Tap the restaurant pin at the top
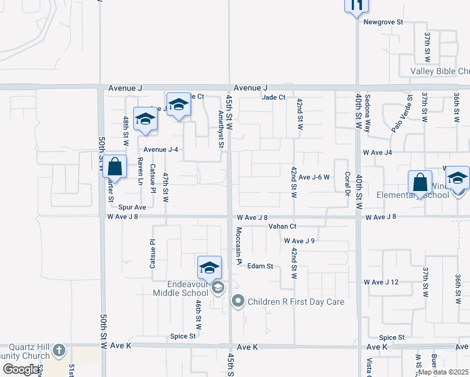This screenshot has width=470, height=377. pos(356,6)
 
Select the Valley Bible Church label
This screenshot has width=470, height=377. pos(440,72)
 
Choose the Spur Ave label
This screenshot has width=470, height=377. pos(132,207)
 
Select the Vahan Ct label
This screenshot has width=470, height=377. pos(281,226)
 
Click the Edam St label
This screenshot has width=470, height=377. pos(260,266)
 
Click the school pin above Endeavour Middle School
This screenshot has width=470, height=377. pos(209,268)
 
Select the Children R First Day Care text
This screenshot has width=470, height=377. pos(296,302)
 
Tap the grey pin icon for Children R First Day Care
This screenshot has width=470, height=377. pos(238,302)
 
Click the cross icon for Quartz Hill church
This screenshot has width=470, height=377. pos(58,349)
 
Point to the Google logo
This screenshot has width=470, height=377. pos(21,370)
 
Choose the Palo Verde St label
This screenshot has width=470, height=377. pos(402,113)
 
